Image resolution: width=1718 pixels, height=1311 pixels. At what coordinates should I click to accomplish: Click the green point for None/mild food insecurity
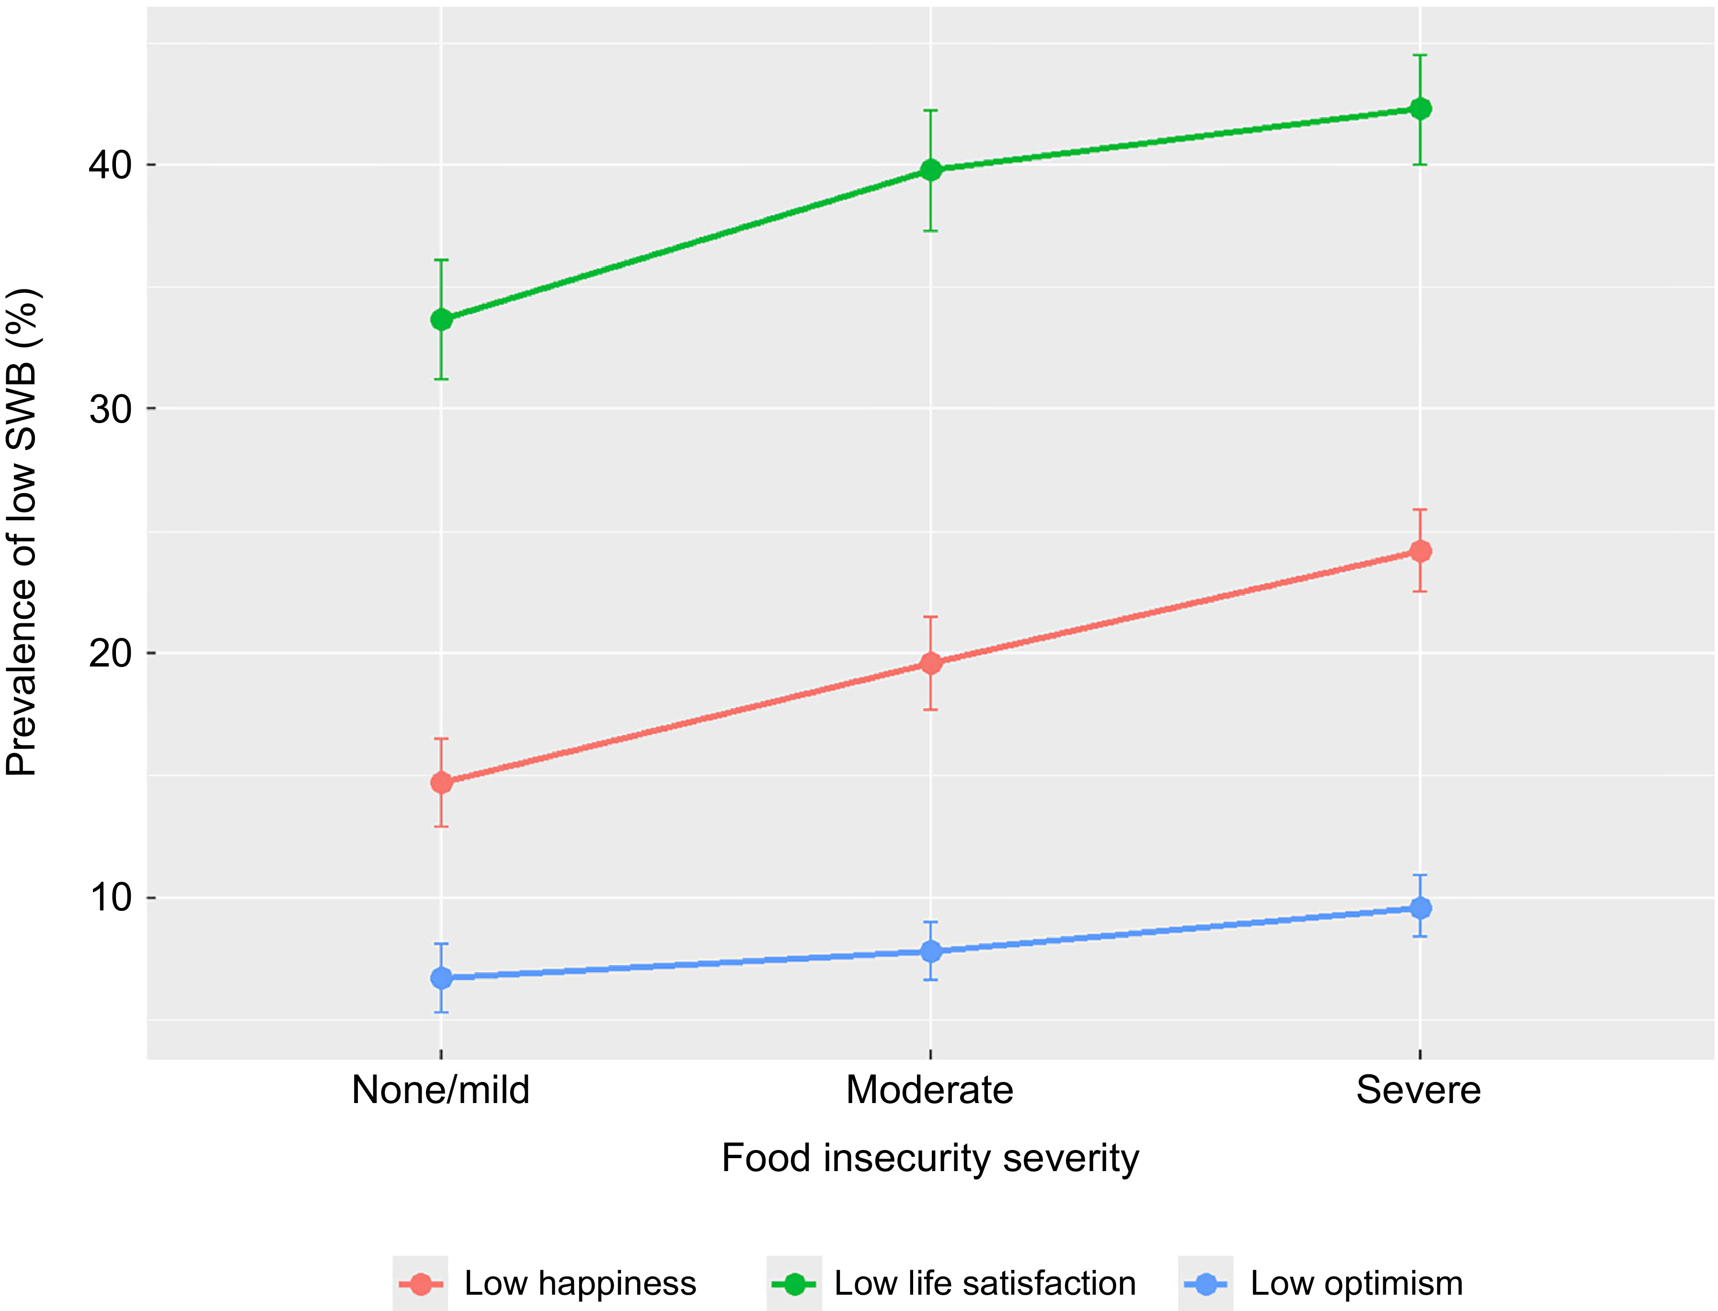point(442,319)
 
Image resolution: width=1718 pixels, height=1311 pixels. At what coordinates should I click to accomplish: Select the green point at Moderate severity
point(931,170)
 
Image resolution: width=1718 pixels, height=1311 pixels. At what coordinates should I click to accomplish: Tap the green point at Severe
point(1421,108)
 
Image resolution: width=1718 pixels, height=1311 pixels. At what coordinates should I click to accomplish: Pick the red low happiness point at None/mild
point(442,782)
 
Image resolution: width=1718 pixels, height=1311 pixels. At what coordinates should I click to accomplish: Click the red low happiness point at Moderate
point(931,663)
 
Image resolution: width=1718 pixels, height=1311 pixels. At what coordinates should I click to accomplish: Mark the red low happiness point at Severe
point(1421,552)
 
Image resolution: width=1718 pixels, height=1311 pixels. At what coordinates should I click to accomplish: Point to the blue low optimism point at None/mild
point(442,978)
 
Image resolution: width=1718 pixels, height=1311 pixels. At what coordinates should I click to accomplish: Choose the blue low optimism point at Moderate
point(931,951)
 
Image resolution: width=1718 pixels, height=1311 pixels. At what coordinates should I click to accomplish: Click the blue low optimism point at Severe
point(1421,908)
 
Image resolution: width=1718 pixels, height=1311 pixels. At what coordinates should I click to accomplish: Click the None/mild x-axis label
point(441,1090)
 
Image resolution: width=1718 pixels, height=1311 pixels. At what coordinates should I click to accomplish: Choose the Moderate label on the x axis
point(930,1090)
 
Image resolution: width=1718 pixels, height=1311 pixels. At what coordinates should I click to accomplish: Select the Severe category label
point(1419,1090)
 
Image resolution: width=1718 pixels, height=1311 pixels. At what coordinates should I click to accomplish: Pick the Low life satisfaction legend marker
point(794,1284)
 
